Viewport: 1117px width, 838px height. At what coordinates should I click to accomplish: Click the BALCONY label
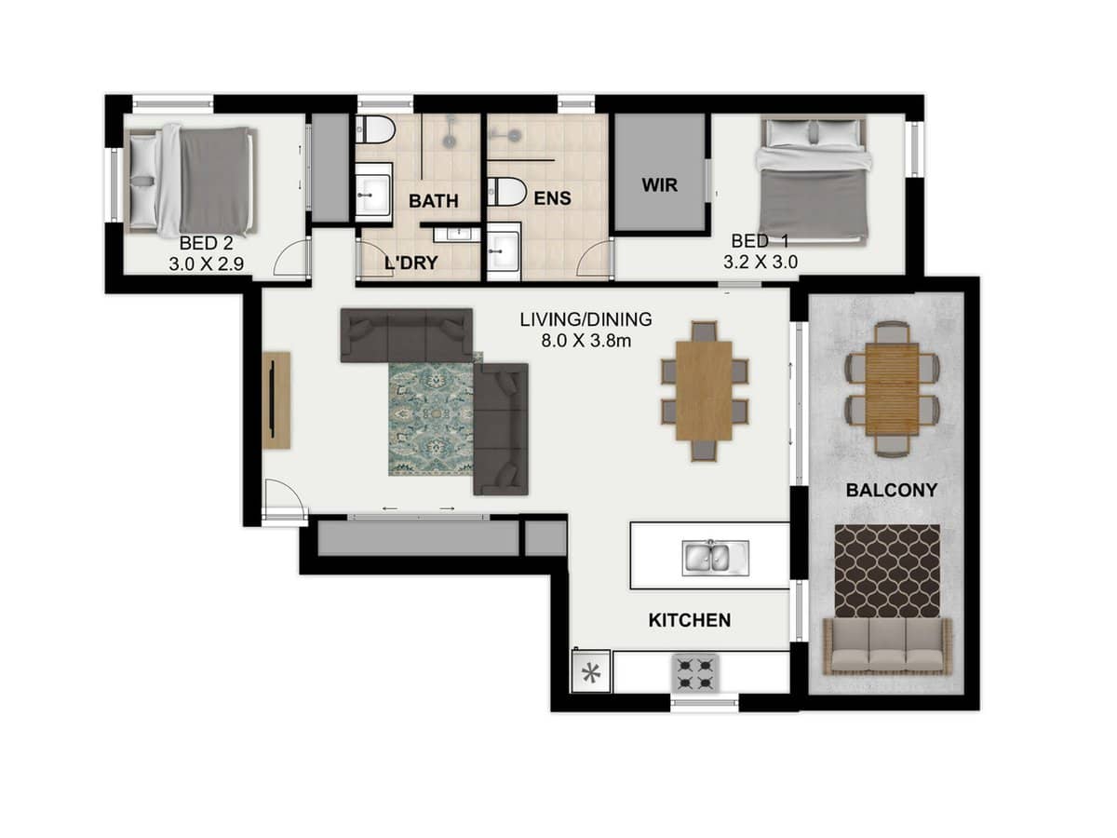click(x=891, y=490)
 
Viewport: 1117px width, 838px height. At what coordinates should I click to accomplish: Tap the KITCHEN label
click(x=689, y=620)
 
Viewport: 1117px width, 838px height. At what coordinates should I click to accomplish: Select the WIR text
click(x=658, y=184)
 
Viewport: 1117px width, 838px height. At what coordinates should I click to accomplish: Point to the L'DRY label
click(x=411, y=263)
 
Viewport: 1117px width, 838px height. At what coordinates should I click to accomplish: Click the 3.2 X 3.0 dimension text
click(x=760, y=263)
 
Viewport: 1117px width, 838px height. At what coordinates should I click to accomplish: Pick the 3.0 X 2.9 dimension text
click(x=206, y=264)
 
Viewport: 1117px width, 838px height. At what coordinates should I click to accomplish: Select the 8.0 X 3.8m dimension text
click(x=585, y=340)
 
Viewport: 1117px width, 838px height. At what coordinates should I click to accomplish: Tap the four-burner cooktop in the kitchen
click(x=695, y=672)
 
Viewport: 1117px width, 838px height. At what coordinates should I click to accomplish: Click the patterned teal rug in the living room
click(x=431, y=419)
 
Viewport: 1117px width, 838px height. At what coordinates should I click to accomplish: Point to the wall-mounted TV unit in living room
click(x=276, y=400)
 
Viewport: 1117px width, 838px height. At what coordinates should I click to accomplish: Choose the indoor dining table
click(x=704, y=391)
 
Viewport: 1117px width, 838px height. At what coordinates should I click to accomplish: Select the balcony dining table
click(x=892, y=389)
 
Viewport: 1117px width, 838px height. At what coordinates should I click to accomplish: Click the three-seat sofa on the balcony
click(x=886, y=646)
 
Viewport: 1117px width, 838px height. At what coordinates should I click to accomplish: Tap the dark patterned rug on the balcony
click(x=886, y=570)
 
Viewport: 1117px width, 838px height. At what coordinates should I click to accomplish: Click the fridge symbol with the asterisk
click(x=590, y=671)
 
